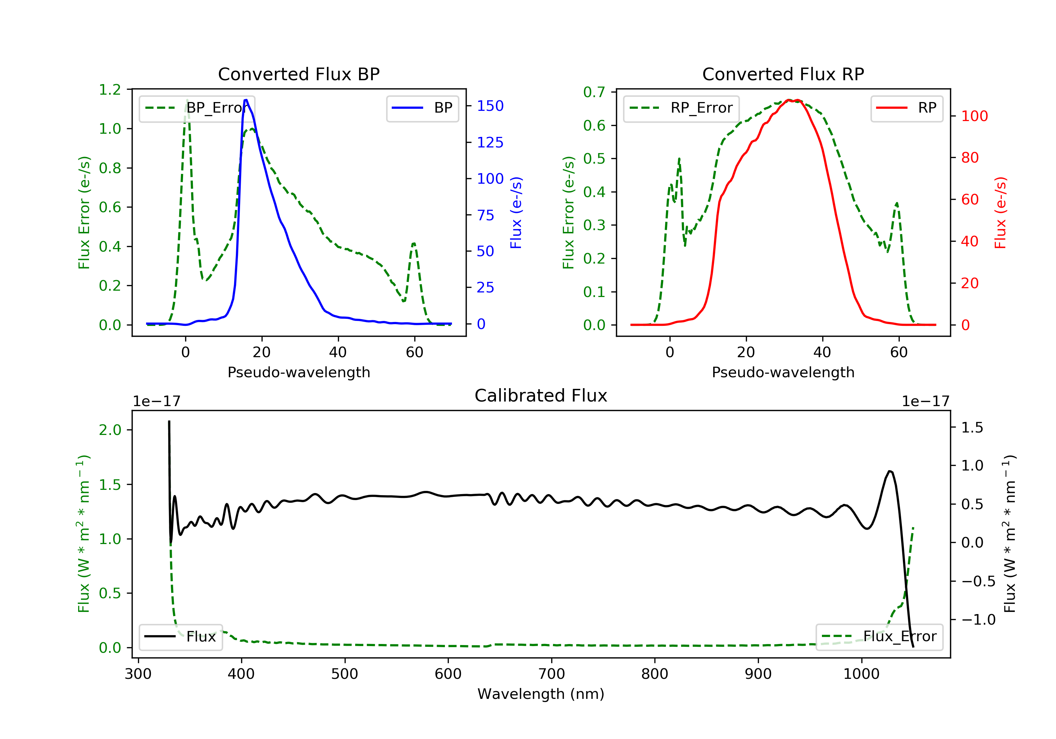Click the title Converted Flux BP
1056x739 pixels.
[x=298, y=74]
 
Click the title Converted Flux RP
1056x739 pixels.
[x=783, y=74]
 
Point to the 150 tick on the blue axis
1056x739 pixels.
[x=490, y=106]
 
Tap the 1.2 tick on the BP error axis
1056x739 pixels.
[x=110, y=90]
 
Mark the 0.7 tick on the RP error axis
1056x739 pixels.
[x=594, y=92]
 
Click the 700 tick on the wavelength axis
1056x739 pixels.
[x=552, y=674]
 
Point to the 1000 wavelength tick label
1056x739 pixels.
[x=861, y=674]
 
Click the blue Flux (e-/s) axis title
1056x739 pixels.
[x=516, y=213]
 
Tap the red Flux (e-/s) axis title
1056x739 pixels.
[x=1000, y=213]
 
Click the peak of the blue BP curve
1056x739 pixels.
[x=246, y=100]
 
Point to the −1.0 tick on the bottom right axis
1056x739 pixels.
[x=978, y=620]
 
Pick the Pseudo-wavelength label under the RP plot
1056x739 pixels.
[x=783, y=372]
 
